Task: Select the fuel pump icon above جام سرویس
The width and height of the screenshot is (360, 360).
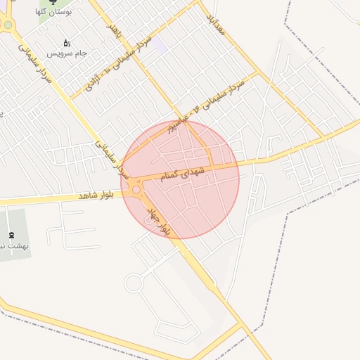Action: [x=67, y=43]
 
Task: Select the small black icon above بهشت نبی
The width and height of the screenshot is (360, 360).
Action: [x=11, y=236]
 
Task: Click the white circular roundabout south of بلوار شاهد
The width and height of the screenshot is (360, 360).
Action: [x=132, y=283]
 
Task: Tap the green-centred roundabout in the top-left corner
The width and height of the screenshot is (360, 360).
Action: [x=7, y=25]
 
